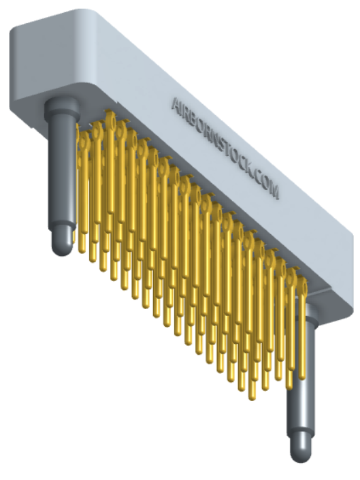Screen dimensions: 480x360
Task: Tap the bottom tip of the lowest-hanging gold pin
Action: (x=252, y=395)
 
